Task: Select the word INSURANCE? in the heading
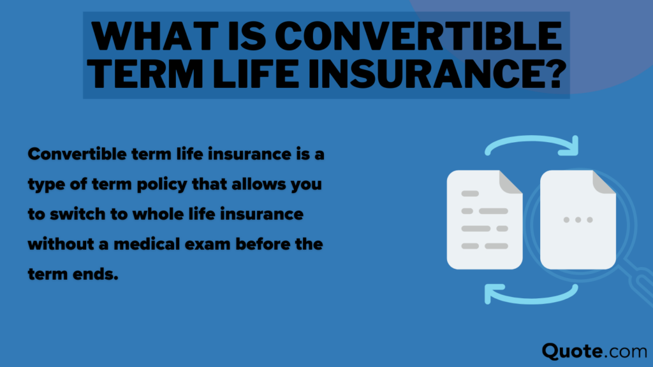434,75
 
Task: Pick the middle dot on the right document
578,220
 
